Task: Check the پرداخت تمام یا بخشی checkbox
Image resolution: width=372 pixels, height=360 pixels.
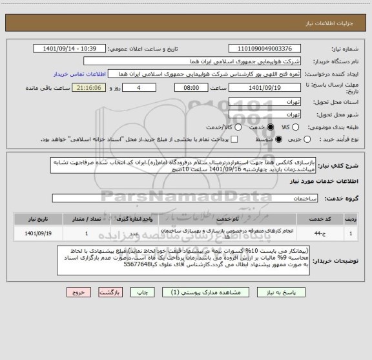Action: (x=234, y=139)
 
